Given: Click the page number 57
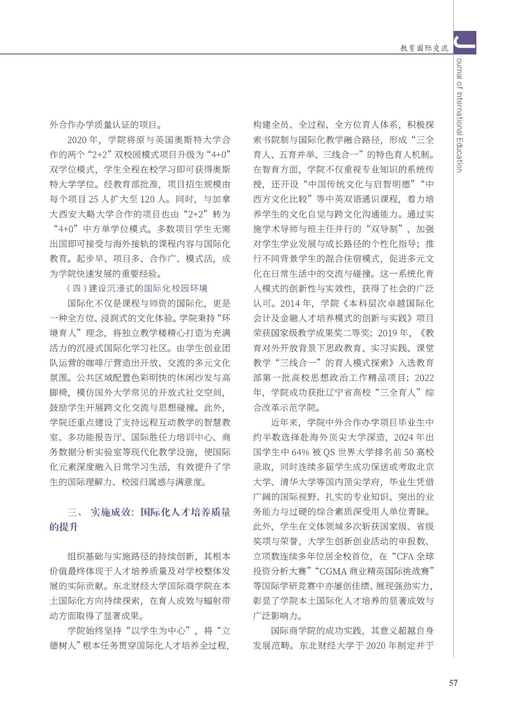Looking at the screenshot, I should (453, 683).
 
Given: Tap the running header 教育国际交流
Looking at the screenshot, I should (424, 48).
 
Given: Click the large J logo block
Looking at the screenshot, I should (464, 42).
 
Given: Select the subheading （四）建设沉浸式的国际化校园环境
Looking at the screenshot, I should (137, 289).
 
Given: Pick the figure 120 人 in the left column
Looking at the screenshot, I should (153, 199).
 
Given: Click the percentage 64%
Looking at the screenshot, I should (300, 452).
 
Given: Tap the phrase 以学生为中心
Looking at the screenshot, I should (159, 631).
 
